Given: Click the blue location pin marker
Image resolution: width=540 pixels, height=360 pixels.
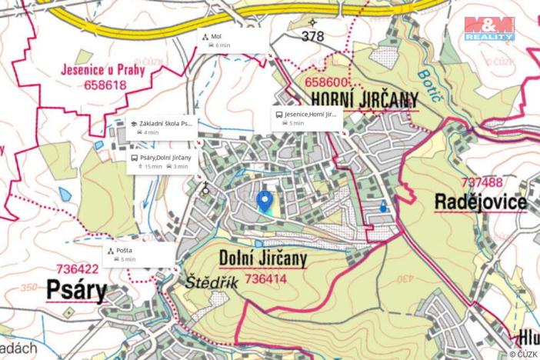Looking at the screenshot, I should [265, 201].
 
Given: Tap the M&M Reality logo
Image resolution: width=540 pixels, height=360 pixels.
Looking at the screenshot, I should [489, 28].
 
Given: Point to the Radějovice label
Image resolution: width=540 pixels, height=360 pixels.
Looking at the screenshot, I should [480, 202].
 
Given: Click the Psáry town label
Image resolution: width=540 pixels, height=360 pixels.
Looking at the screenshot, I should [75, 290].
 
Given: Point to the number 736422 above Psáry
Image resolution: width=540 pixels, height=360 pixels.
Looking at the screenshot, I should [77, 270].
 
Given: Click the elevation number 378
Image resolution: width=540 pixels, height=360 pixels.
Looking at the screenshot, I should [313, 36].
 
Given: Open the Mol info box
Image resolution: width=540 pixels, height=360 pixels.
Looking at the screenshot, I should [232, 41].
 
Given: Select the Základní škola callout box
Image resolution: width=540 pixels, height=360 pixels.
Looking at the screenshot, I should [160, 128].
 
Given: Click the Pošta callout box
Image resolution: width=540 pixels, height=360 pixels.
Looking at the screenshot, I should [138, 255].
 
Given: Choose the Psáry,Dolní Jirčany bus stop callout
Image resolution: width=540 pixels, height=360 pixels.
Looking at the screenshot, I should [161, 162].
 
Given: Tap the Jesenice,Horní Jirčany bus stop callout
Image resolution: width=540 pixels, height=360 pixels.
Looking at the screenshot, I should [305, 118].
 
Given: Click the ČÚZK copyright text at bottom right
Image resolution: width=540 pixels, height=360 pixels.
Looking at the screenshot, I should [523, 354].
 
